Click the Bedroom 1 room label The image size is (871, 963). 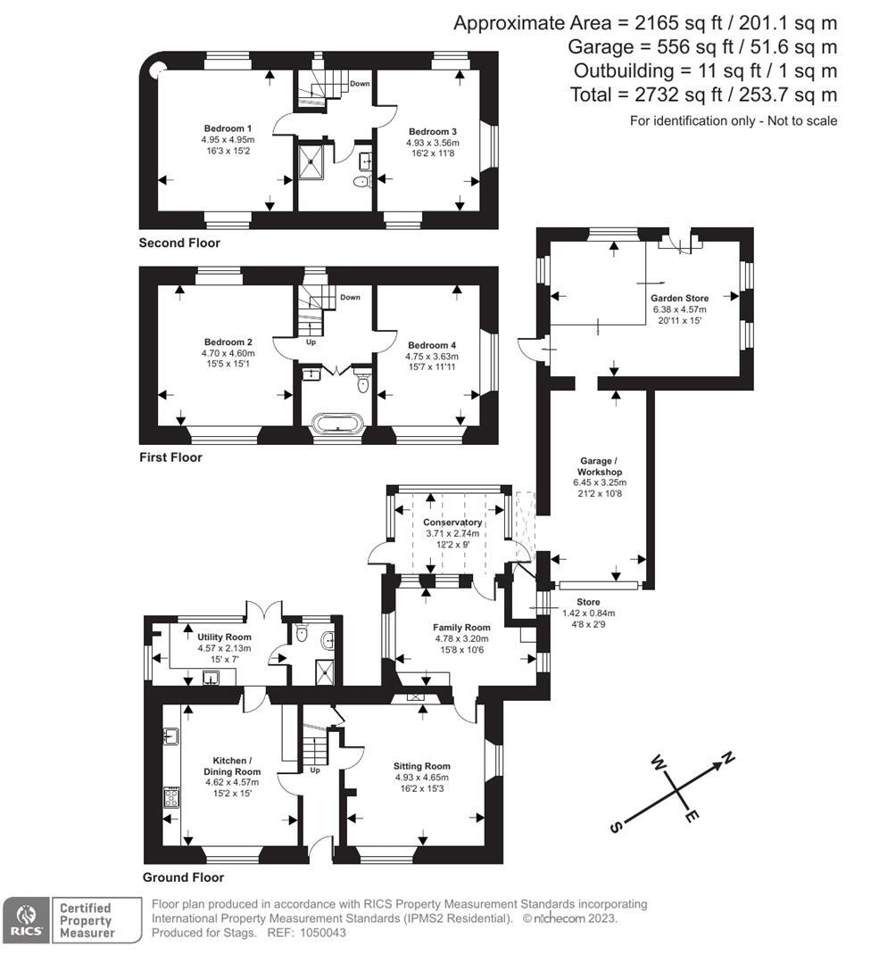[x=228, y=128]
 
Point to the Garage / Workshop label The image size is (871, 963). [x=599, y=466]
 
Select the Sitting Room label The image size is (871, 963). [x=422, y=766]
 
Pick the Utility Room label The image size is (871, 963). [x=224, y=638]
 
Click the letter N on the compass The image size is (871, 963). [x=728, y=759]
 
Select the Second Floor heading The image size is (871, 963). [x=179, y=243]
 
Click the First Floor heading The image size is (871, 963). [x=170, y=457]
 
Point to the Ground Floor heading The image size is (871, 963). [x=183, y=877]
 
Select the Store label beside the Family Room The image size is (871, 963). [x=588, y=604]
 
